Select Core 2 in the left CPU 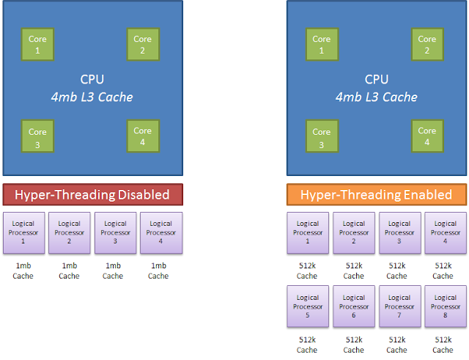[142, 44]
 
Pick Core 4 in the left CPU [142, 136]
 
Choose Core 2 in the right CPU [427, 44]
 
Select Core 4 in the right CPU [427, 136]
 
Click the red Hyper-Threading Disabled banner [92, 194]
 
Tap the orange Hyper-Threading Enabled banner [377, 194]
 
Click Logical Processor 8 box [444, 306]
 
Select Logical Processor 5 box [308, 306]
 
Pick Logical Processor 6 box [353, 306]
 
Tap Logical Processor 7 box [399, 306]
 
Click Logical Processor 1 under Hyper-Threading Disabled [24, 232]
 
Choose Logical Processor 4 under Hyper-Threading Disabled [160, 232]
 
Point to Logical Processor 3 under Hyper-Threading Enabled [399, 232]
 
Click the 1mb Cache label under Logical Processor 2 [69, 271]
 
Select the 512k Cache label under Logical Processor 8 [443, 345]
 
